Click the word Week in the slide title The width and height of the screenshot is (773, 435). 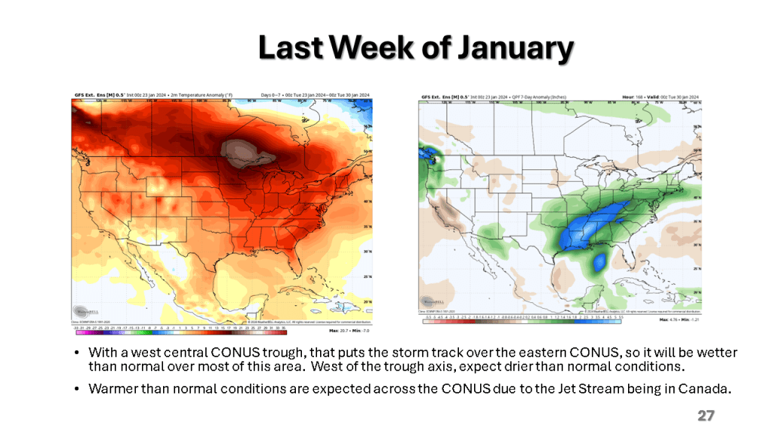370,48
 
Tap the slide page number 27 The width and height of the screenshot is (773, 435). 706,416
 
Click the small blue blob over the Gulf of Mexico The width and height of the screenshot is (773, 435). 600,262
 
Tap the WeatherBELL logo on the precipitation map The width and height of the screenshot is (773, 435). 431,300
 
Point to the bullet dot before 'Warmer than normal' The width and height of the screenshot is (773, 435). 78,389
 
